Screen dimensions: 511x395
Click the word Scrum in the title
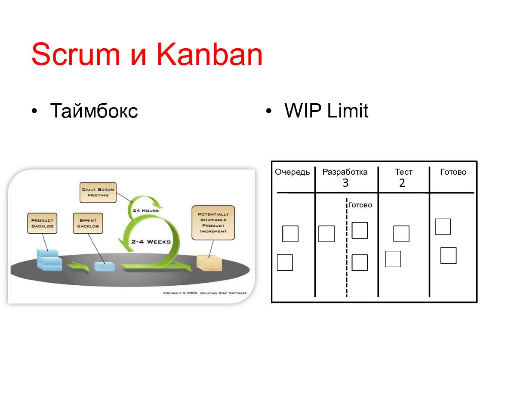[x=76, y=54]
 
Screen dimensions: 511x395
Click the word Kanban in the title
[x=209, y=54]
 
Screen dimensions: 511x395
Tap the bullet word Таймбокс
[x=94, y=111]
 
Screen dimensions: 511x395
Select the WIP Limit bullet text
[x=326, y=111]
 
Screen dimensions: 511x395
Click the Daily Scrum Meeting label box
[x=98, y=192]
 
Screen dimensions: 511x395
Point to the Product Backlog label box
[x=42, y=223]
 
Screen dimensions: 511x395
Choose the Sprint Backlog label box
[x=88, y=223]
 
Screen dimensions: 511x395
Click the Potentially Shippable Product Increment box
[x=213, y=222]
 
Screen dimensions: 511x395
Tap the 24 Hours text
[x=146, y=210]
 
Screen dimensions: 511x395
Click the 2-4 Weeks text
[x=151, y=241]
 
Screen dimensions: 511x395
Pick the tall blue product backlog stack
[x=49, y=260]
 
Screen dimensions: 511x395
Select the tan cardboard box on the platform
[x=209, y=263]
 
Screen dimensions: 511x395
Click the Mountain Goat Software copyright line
[x=205, y=293]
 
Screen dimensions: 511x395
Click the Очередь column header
[x=292, y=172]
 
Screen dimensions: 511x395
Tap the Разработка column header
[x=345, y=172]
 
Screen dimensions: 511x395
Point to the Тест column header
[x=404, y=172]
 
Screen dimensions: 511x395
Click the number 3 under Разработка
[x=345, y=183]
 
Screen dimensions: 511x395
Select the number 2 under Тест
[x=402, y=183]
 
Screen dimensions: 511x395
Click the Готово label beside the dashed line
[x=360, y=205]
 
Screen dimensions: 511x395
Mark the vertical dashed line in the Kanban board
[x=346, y=247]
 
